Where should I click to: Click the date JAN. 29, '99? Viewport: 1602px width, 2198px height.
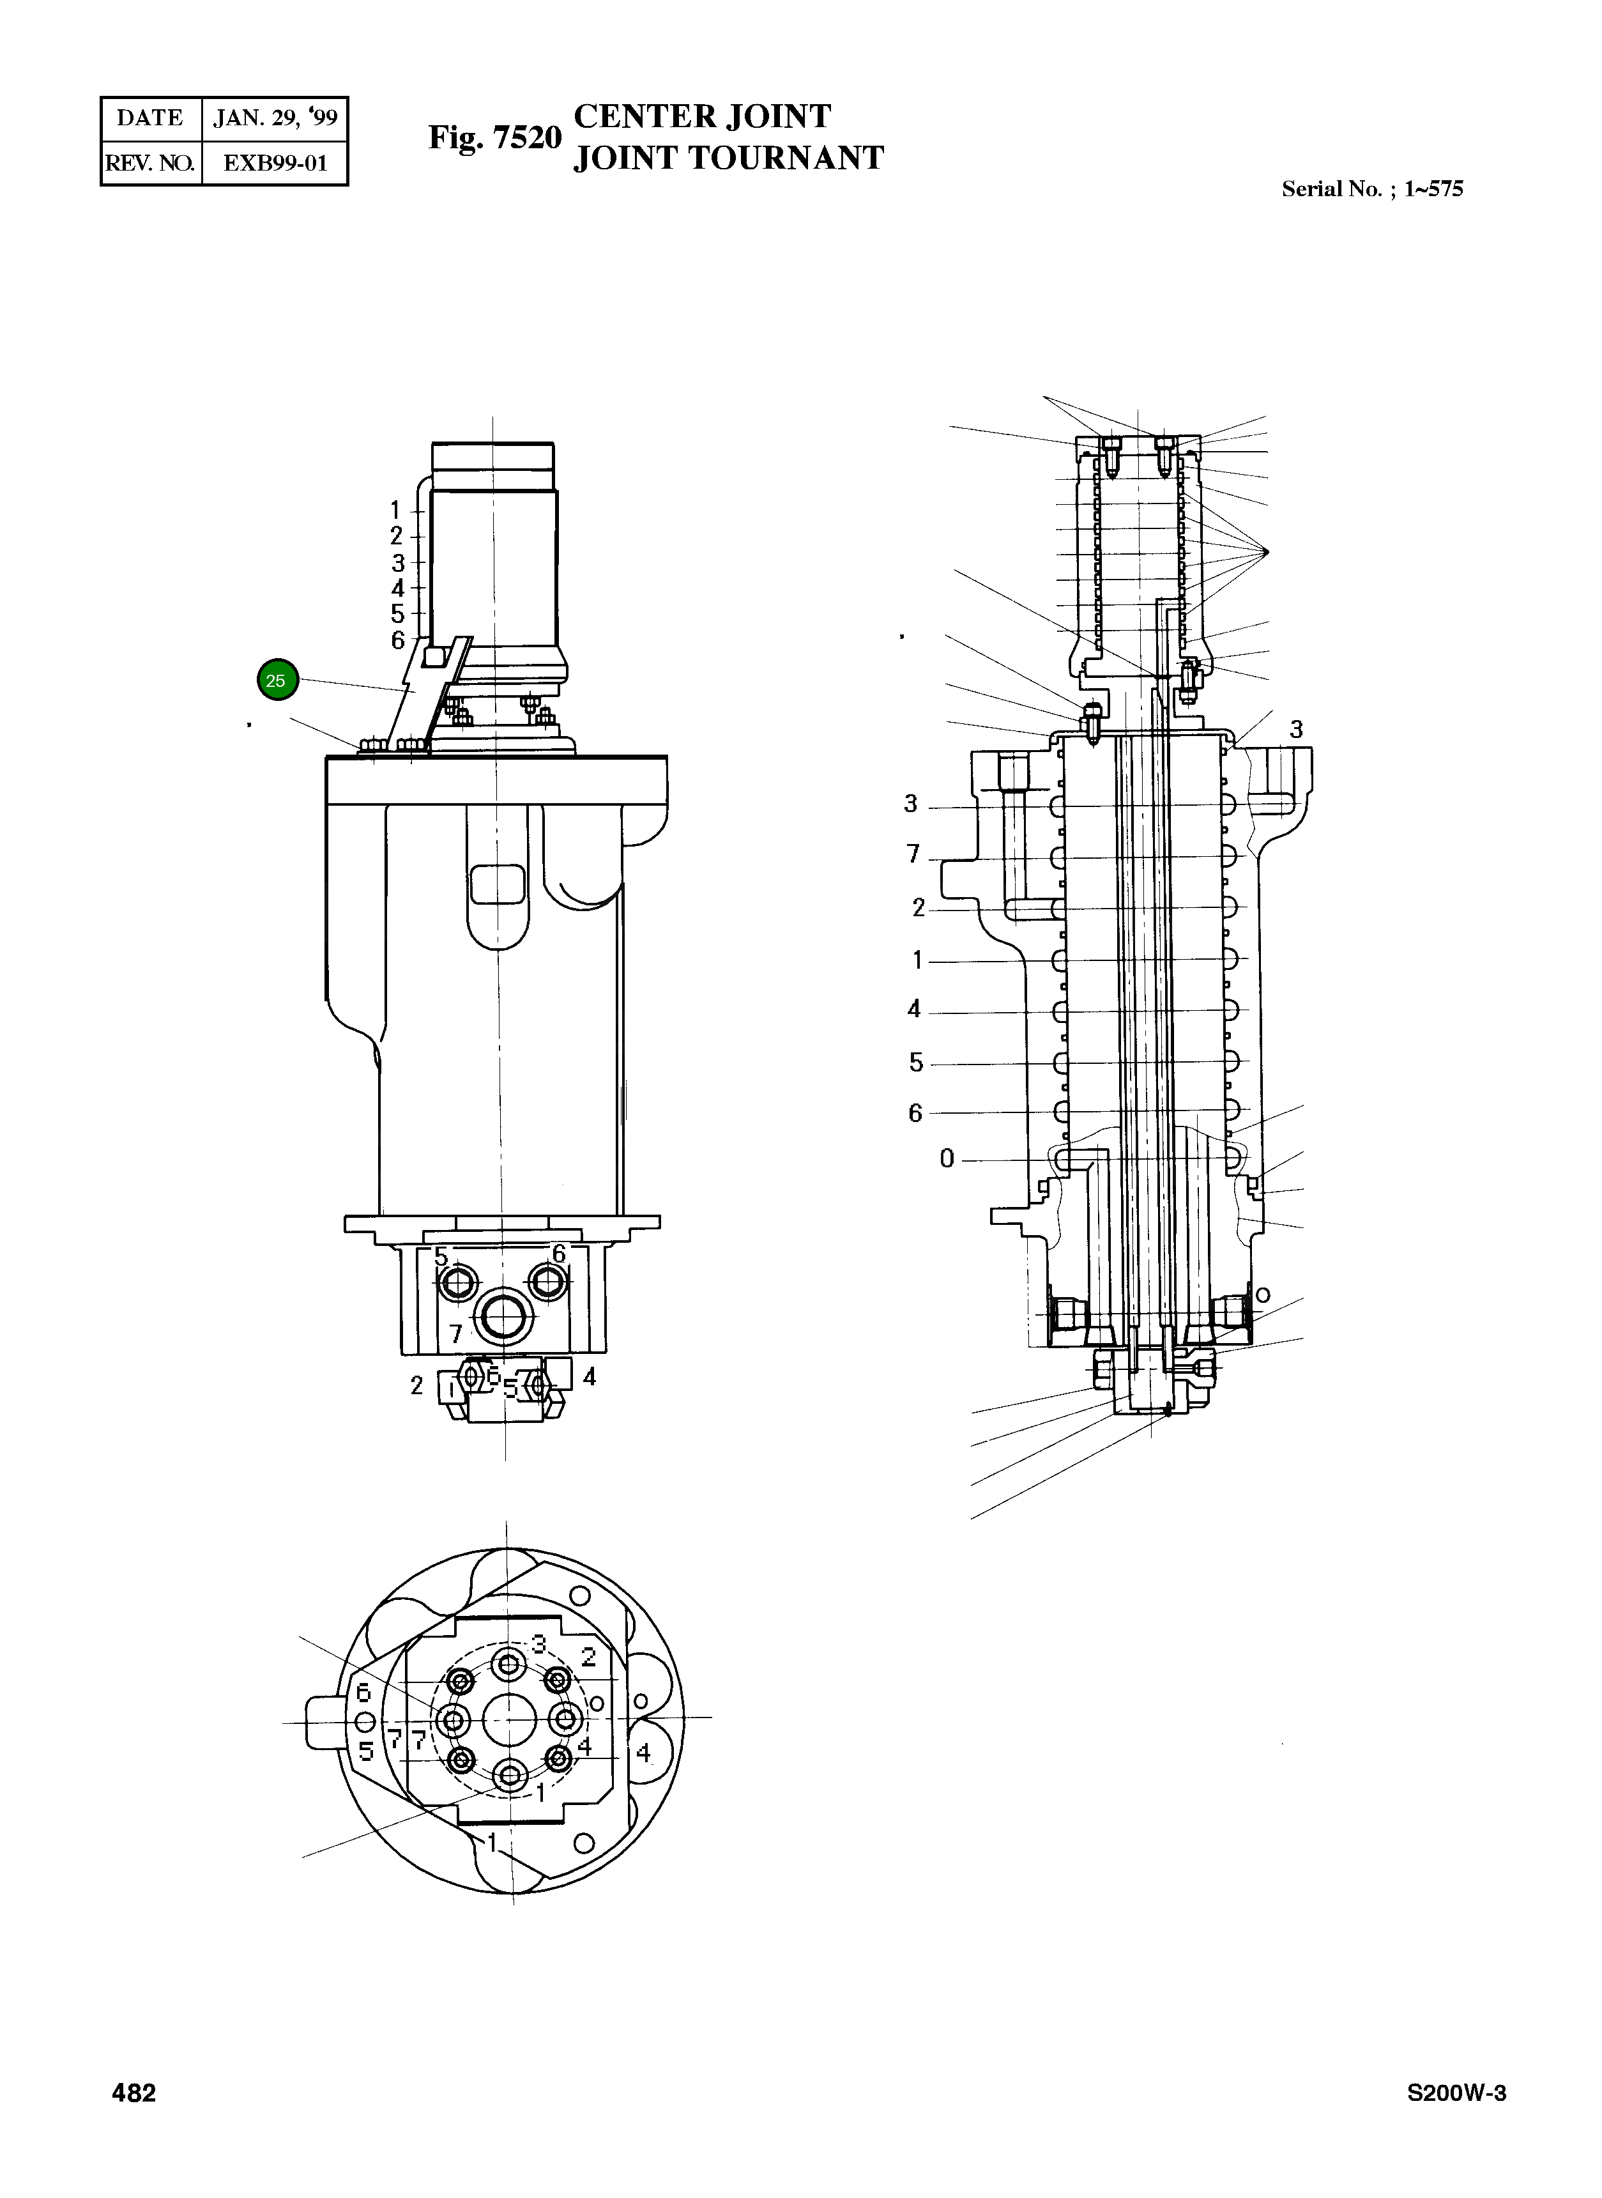click(x=275, y=118)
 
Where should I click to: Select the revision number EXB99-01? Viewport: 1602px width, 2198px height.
click(x=275, y=163)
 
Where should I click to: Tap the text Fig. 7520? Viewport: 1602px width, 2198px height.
click(x=494, y=138)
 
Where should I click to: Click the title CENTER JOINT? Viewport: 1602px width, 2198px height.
click(x=702, y=116)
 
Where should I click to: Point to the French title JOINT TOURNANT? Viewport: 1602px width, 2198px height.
click(x=728, y=158)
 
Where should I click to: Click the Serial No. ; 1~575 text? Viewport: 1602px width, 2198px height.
click(x=1371, y=189)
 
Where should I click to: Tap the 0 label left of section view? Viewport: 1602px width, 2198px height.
click(x=947, y=1158)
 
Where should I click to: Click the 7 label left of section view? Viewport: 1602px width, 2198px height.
click(x=913, y=854)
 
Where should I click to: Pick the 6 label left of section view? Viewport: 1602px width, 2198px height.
click(x=915, y=1112)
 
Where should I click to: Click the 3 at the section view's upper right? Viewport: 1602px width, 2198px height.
click(x=1295, y=730)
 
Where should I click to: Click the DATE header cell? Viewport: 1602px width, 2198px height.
click(x=150, y=118)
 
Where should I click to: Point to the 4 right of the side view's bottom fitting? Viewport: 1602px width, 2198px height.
click(x=589, y=1376)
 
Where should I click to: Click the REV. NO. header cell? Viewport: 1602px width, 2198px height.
click(x=150, y=163)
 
